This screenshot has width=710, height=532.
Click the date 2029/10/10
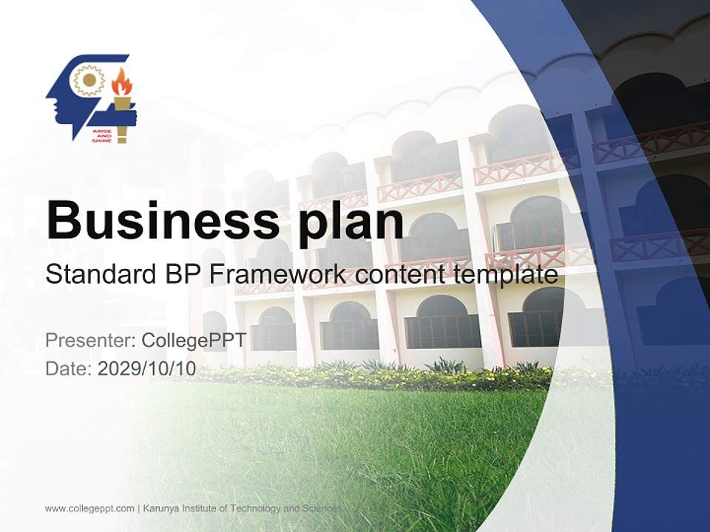147,369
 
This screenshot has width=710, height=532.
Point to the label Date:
69,369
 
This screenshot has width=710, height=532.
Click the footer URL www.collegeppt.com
89,508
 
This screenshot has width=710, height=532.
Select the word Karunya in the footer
164,508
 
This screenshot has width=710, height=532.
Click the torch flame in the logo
121,83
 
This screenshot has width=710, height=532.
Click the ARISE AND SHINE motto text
101,134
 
